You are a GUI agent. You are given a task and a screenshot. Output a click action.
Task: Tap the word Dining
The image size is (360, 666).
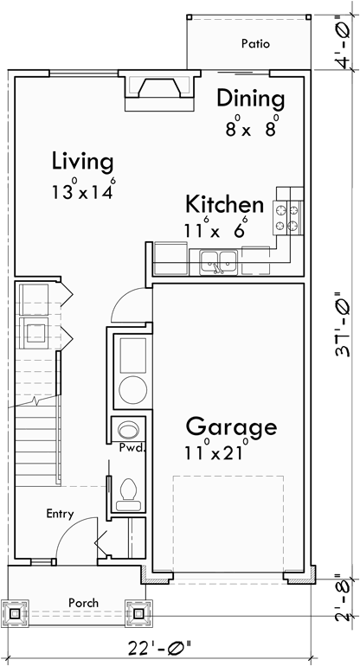(250, 98)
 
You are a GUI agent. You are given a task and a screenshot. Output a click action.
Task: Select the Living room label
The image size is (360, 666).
(82, 161)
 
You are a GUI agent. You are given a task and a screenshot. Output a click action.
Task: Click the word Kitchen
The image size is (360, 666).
(224, 205)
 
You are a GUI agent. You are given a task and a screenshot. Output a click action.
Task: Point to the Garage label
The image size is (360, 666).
(231, 426)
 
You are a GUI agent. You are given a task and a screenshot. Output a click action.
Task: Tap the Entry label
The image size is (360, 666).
(60, 514)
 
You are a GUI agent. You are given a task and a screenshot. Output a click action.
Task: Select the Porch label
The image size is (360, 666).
(84, 602)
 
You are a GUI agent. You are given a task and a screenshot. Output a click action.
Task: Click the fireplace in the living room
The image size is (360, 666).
(156, 89)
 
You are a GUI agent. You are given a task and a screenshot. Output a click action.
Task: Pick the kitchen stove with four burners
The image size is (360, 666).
(288, 217)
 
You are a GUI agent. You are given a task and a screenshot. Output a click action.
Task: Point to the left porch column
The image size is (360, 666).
(15, 613)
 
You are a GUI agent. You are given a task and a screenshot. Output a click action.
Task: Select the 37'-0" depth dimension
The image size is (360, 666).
(344, 324)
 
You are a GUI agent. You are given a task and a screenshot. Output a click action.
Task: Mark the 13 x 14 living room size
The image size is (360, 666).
(82, 190)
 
